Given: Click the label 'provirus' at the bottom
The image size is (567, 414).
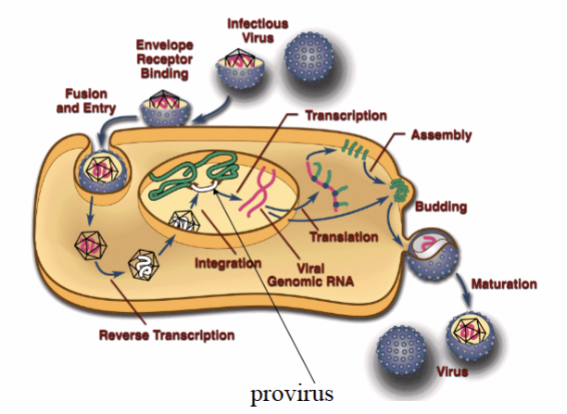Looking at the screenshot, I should click(291, 392).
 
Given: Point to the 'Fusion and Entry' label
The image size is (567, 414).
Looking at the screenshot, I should click(89, 101).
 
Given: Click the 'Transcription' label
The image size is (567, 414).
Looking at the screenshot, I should click(346, 116).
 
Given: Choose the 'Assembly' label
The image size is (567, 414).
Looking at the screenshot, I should click(443, 135).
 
